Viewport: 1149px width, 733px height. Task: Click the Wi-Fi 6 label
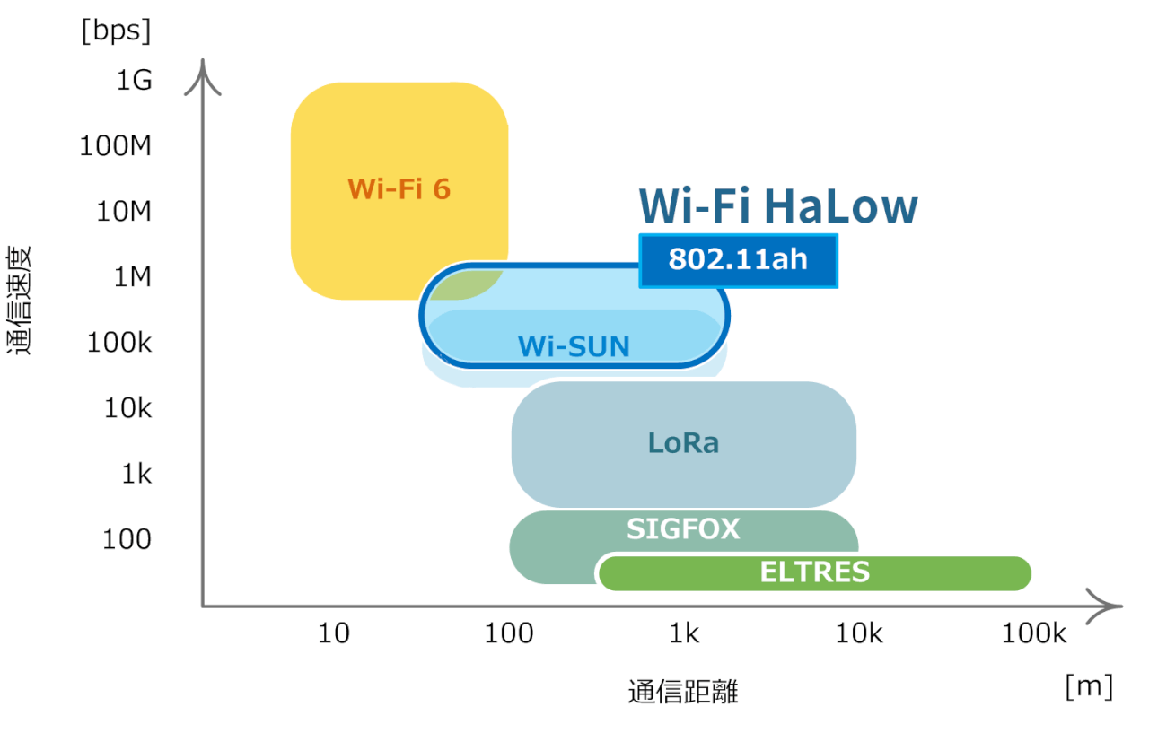399,189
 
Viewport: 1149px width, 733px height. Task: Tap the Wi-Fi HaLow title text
778,206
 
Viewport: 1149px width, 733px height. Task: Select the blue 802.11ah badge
738,260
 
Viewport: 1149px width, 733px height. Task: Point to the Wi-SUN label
574,346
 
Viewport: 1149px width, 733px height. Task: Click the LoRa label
683,442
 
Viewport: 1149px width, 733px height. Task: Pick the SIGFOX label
683,529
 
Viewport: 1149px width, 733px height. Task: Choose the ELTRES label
814,572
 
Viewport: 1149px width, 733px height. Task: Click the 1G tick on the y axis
134,81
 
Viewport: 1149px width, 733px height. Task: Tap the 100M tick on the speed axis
116,145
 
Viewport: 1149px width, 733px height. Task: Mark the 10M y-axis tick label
123,211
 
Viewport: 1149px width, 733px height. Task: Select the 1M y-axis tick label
132,276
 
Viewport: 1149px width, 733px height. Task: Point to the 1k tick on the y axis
136,474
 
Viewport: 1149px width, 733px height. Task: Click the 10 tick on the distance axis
334,634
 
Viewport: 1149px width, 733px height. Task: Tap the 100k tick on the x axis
1034,634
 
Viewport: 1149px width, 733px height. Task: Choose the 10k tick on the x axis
859,634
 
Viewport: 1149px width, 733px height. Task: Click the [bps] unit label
116,31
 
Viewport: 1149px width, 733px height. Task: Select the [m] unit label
1089,688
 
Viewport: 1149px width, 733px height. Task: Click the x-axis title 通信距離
683,693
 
